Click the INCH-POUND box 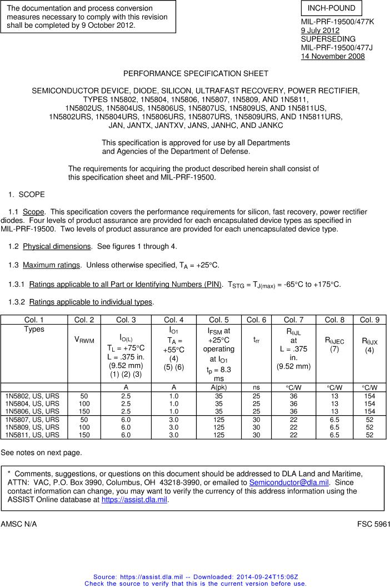pos(331,9)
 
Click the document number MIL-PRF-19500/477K pos(337,22)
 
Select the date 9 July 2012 pos(319,31)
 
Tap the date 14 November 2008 pos(333,56)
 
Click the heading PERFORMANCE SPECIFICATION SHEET pos(196,73)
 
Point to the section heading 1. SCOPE pos(27,195)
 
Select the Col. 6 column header pos(256,320)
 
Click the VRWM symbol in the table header pos(84,340)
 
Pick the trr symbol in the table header pos(256,340)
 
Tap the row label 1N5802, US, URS pos(32,396)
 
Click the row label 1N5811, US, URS pos(32,435)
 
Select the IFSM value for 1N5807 pos(219,420)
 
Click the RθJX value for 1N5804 pos(369,403)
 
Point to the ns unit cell pos(256,387)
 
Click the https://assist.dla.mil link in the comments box pos(134,500)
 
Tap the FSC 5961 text pos(374,524)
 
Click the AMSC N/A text pos(19,524)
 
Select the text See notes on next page pos(41,452)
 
